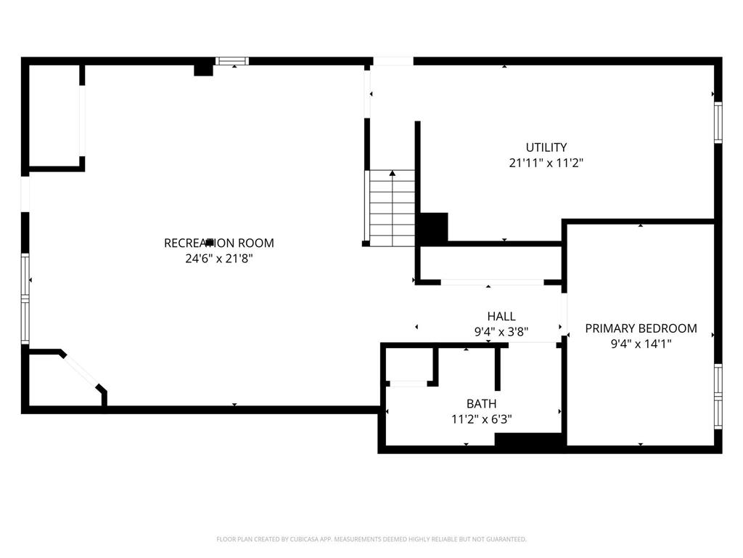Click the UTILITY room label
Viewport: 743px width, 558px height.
tap(546, 147)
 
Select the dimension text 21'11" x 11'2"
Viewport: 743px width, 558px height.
tap(546, 163)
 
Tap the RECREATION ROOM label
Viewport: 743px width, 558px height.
tap(219, 243)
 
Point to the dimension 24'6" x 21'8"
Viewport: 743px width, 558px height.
tap(219, 258)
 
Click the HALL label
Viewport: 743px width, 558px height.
tap(501, 316)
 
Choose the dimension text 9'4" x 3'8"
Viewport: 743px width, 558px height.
tap(501, 332)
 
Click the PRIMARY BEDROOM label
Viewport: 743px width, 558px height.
tap(641, 328)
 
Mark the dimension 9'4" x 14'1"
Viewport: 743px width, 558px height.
tap(641, 344)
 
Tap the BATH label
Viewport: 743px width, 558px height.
tap(481, 403)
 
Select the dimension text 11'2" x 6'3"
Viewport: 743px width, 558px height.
tap(481, 418)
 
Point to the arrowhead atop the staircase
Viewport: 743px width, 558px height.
tap(393, 174)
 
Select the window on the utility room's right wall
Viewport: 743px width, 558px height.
tap(718, 121)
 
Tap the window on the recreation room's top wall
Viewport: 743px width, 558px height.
tap(234, 61)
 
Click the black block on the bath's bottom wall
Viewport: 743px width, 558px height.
tap(529, 440)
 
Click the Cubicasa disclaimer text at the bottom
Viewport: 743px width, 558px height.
tap(371, 539)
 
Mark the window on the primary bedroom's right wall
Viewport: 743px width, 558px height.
tap(718, 395)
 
